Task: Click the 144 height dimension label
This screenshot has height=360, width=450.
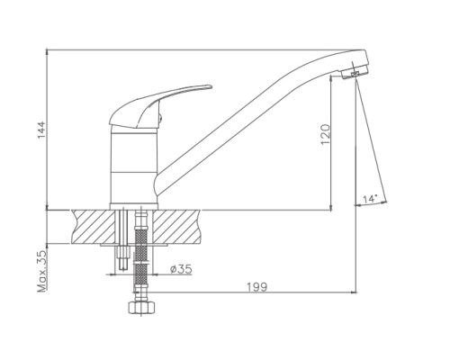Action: [40, 130]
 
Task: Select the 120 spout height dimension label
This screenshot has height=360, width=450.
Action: [325, 134]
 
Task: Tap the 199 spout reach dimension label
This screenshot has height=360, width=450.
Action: [256, 287]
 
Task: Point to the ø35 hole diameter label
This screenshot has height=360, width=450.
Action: [181, 269]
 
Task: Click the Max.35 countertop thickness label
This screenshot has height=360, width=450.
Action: [41, 271]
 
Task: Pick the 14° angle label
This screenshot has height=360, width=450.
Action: [370, 199]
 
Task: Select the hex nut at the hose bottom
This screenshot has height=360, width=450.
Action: [141, 307]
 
